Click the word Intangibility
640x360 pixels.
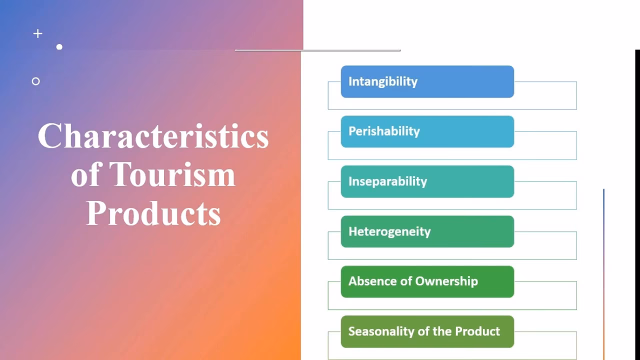tap(382, 81)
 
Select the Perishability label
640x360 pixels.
tap(384, 131)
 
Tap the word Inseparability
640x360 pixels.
tap(387, 181)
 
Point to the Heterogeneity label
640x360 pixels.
tap(389, 231)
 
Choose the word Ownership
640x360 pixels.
tap(446, 281)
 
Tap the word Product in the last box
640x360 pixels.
tap(477, 331)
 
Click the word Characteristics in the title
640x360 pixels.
tap(153, 136)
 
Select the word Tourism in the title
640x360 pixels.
tap(172, 174)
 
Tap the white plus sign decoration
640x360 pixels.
tap(37, 33)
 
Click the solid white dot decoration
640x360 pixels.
tap(59, 47)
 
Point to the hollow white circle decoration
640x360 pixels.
tap(35, 81)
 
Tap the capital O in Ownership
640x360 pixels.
tap(420, 281)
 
